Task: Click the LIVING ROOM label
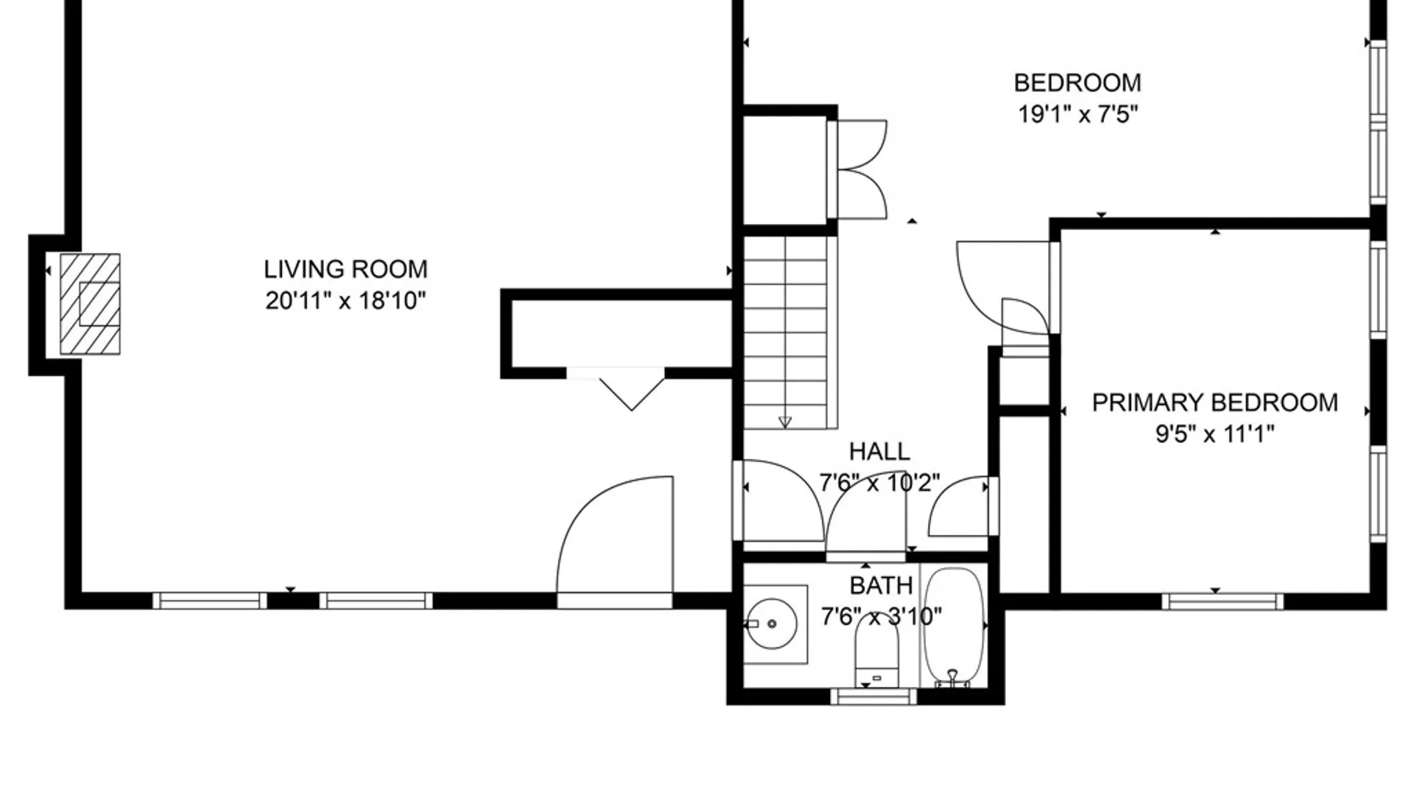tap(345, 269)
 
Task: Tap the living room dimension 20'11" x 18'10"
tap(345, 301)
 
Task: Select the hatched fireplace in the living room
tap(90, 304)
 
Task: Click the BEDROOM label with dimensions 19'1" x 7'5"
tap(1077, 83)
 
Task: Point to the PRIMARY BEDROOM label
tap(1214, 402)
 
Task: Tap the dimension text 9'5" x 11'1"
tap(1214, 434)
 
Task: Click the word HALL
tap(879, 451)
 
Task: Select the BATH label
tap(881, 585)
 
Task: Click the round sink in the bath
tap(771, 624)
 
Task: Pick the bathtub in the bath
tap(954, 626)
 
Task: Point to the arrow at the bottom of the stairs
tap(785, 422)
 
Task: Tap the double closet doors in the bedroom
tap(858, 170)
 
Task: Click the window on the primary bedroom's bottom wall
tap(1223, 601)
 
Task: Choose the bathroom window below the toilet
tap(874, 696)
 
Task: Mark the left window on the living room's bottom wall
tap(211, 601)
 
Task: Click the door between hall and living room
tap(778, 501)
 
